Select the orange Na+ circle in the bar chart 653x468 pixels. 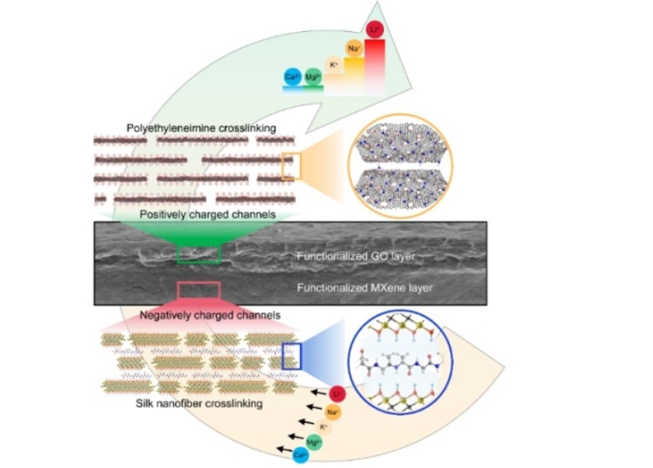pos(354,49)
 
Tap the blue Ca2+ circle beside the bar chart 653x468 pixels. pos(293,76)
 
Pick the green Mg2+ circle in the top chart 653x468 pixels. pos(313,76)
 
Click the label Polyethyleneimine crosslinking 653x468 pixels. pos(182,127)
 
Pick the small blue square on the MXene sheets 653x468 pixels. pos(291,356)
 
